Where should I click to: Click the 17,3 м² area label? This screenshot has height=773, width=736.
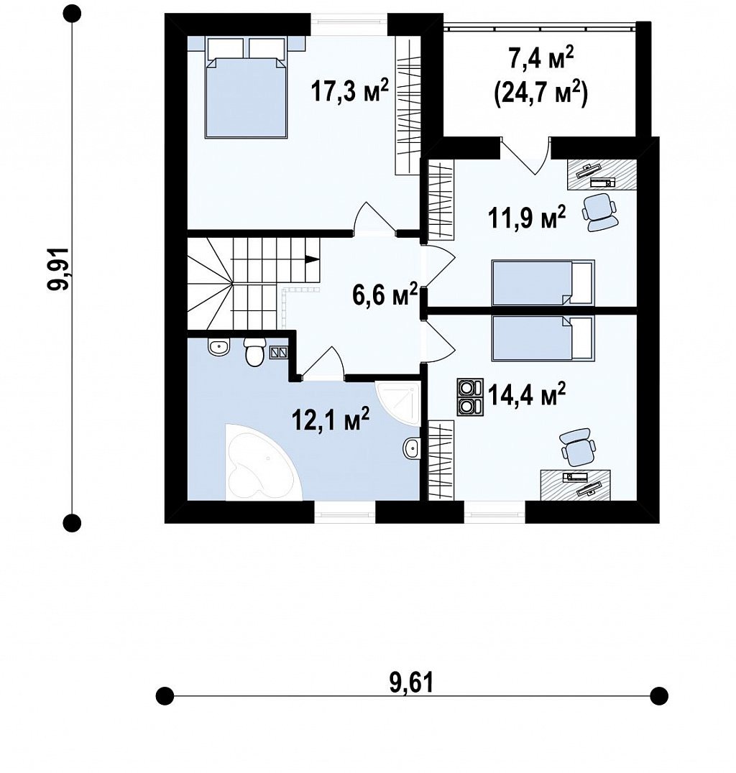(350, 91)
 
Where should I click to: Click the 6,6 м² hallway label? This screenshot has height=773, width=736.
(385, 295)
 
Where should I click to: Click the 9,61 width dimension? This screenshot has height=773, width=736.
(411, 682)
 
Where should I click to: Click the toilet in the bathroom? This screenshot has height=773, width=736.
(255, 352)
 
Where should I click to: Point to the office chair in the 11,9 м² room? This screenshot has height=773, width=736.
(599, 211)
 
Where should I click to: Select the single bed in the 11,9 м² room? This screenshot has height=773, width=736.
(543, 283)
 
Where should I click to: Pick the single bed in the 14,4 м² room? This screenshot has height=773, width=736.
(543, 338)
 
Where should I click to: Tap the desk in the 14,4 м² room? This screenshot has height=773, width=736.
(576, 485)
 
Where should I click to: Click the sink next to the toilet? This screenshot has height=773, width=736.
(218, 348)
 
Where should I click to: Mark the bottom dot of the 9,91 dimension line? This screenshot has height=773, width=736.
(72, 522)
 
